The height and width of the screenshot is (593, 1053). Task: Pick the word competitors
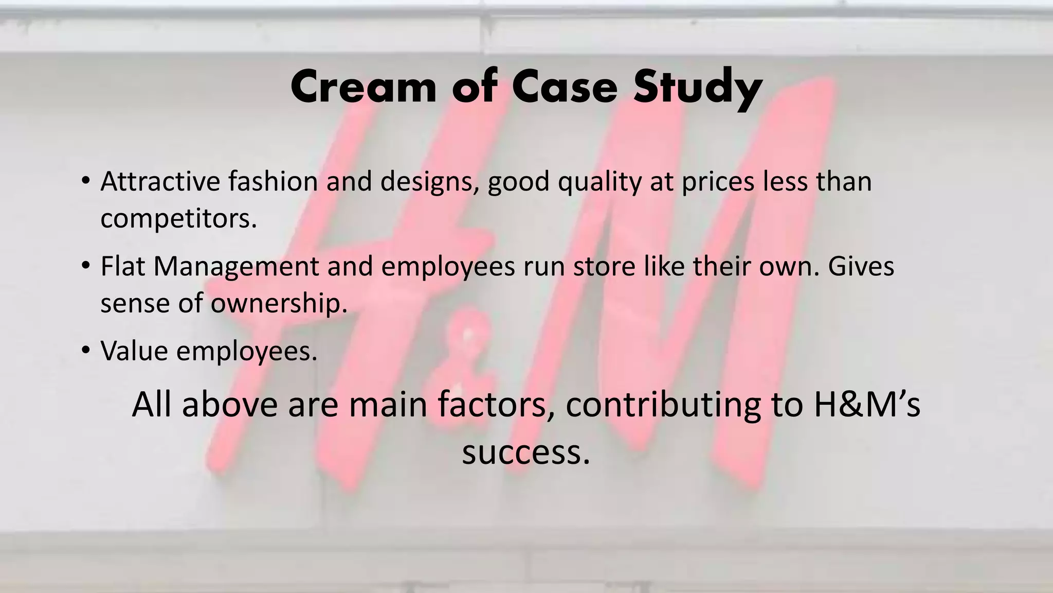(178, 219)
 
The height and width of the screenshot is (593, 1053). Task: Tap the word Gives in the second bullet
(861, 266)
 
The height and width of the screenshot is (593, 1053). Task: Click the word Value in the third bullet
(134, 351)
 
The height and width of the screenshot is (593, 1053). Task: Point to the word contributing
(663, 404)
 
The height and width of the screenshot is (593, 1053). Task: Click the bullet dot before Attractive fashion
(85, 181)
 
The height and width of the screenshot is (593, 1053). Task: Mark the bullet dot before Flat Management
(85, 266)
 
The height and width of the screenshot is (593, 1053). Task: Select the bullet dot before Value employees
(85, 350)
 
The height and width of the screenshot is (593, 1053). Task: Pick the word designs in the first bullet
(430, 182)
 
